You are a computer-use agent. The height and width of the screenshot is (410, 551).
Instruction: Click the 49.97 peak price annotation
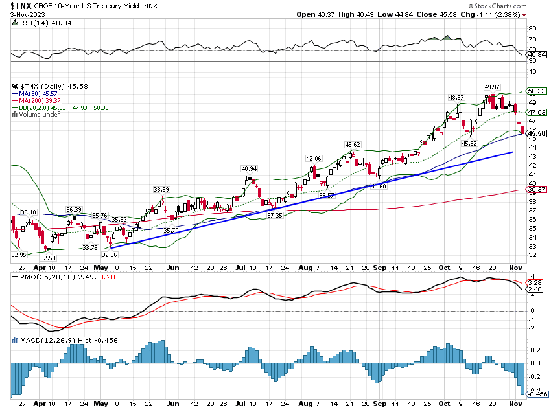coord(492,87)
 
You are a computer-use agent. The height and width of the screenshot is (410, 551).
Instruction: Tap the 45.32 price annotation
coord(469,143)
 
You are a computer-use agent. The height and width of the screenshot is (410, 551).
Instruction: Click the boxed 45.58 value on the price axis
coord(538,133)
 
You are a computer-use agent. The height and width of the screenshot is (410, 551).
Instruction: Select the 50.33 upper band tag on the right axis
coord(538,91)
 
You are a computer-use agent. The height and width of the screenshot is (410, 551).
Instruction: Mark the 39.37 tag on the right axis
coord(538,190)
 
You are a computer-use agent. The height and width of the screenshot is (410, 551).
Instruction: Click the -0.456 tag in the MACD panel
coord(537,393)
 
